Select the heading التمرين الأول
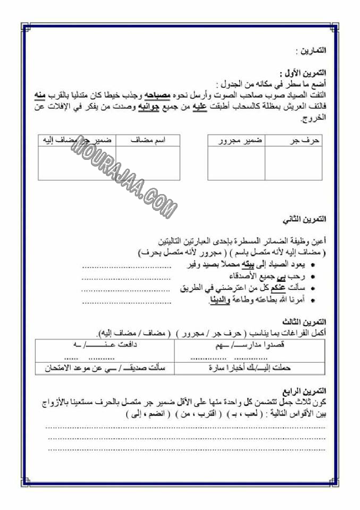309,73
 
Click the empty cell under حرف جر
294,163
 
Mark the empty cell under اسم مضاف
148,163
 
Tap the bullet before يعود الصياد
313,265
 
